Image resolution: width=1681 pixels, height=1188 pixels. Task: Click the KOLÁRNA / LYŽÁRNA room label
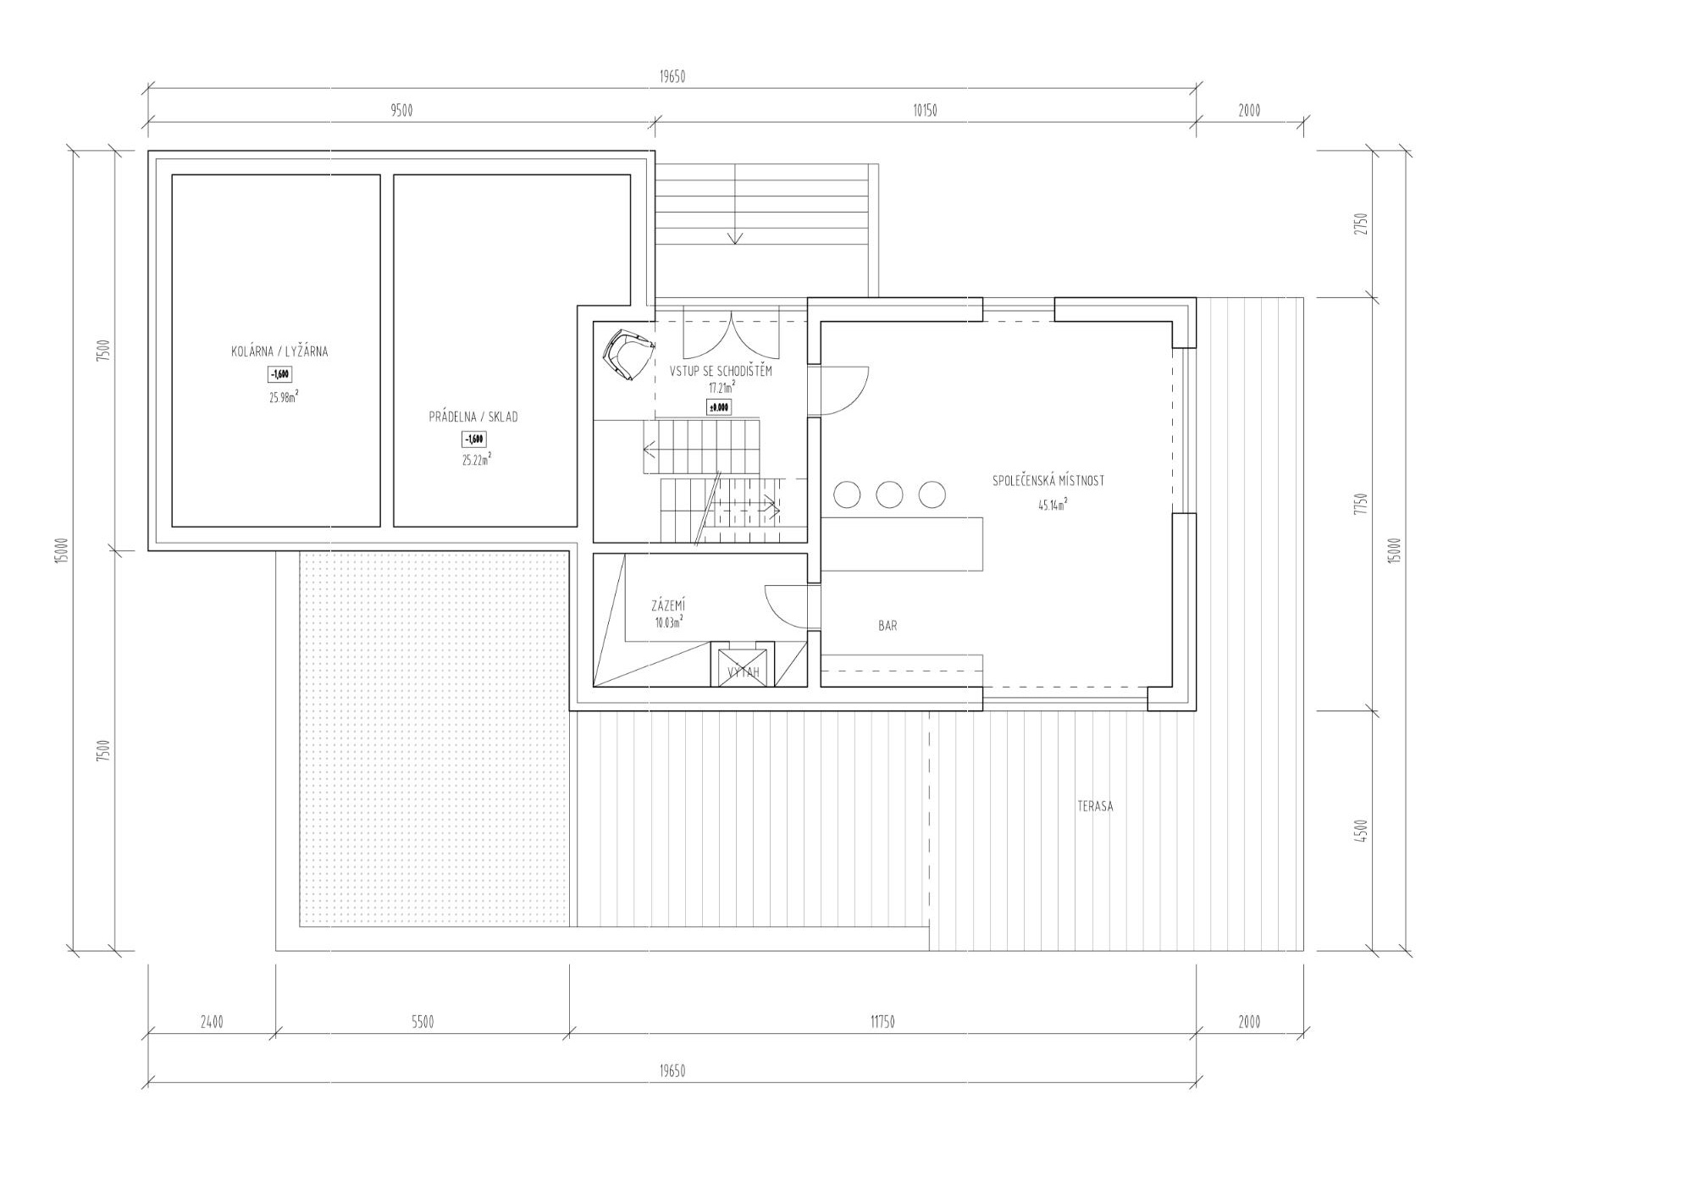point(279,351)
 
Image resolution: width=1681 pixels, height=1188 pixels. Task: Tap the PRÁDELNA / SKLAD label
point(473,417)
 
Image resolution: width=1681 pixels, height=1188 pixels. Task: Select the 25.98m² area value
point(284,396)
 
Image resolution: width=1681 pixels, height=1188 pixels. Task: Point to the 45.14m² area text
point(1052,506)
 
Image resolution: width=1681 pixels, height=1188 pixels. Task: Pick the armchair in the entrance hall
point(626,354)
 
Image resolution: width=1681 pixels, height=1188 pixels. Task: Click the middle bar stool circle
point(889,495)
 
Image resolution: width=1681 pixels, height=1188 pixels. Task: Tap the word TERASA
point(1095,806)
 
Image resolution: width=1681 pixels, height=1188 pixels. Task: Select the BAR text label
point(888,626)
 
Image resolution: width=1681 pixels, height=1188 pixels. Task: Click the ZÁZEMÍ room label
point(668,605)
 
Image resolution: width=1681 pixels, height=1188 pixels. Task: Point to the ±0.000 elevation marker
point(718,407)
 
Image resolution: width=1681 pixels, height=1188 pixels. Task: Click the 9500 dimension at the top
point(401,111)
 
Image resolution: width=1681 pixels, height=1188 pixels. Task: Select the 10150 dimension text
point(925,111)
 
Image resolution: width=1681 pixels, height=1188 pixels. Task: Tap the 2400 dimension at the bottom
point(212,1022)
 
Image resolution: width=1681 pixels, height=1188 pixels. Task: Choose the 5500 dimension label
point(423,1022)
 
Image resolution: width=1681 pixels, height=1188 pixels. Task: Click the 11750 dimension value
point(882,1022)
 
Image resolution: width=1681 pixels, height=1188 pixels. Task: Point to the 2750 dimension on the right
point(1360,224)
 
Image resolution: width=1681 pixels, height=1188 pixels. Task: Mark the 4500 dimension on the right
point(1360,831)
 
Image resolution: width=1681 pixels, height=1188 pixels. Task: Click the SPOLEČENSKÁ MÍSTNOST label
point(1048,481)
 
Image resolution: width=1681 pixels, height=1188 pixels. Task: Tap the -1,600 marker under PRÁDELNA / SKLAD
point(473,439)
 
